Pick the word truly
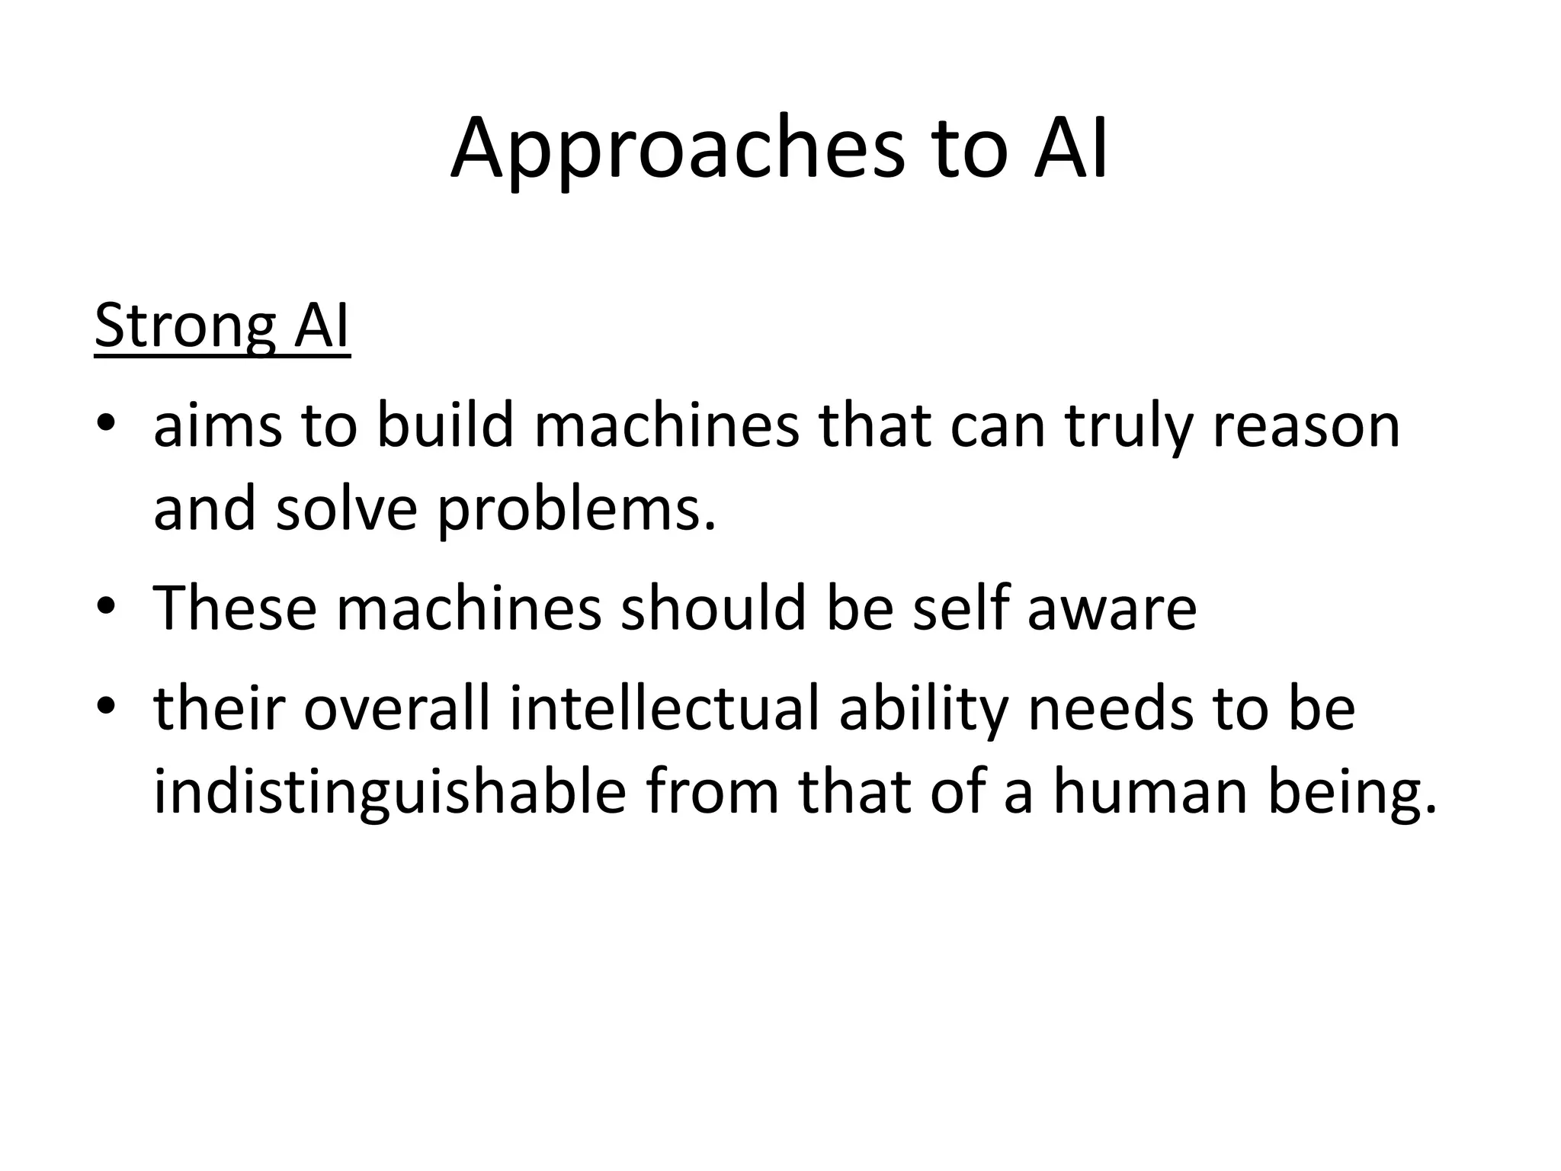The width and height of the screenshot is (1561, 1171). tap(1129, 427)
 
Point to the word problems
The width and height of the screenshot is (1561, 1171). tap(577, 511)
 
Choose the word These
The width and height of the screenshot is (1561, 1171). tap(235, 607)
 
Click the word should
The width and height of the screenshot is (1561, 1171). tap(713, 607)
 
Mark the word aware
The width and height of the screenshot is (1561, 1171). tap(1112, 608)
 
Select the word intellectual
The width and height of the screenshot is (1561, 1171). tap(664, 708)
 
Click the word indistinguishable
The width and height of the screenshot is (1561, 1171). tap(390, 793)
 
